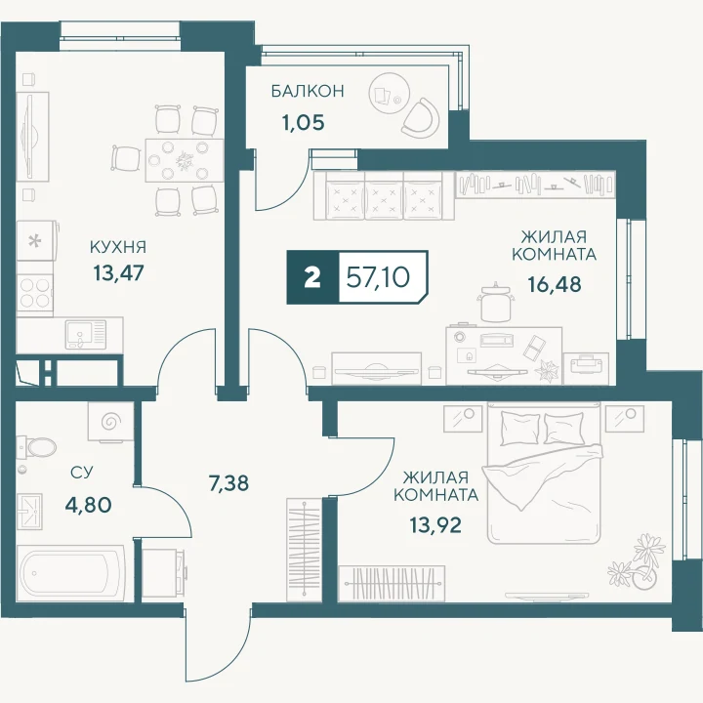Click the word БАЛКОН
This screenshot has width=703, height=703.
click(308, 91)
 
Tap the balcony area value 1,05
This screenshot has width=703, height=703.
click(303, 122)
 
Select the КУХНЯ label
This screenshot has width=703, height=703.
click(118, 247)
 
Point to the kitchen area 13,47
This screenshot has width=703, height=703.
click(118, 272)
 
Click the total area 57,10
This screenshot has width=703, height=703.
click(379, 277)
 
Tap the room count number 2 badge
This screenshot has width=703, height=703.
click(312, 277)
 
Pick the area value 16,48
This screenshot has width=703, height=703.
click(555, 284)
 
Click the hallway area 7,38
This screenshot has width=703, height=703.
click(228, 483)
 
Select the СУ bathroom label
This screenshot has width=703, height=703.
click(82, 473)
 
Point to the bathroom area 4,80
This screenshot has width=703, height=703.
click(88, 506)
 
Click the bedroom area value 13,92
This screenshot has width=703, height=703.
click(435, 524)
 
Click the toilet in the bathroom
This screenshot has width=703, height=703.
click(38, 446)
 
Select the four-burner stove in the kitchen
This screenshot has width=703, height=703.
click(35, 292)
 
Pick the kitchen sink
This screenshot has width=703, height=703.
click(86, 334)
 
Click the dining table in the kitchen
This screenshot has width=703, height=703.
click(185, 160)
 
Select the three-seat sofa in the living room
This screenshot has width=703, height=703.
click(385, 195)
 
